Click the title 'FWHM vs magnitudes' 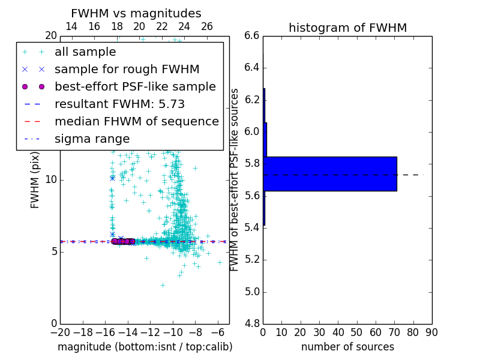coord(136,14)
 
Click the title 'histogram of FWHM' coord(347,28)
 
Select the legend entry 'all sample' coord(85,52)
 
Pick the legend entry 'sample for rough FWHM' coord(127,69)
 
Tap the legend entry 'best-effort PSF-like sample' coord(135,86)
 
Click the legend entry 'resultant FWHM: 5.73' coord(119,104)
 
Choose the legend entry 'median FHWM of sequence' coord(136,121)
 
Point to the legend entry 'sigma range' coord(92,139)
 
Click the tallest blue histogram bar coord(330,173)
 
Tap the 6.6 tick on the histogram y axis coord(252,35)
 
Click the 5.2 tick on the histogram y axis coord(252,260)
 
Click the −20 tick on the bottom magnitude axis coord(60,332)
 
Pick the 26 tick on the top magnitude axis coord(207,26)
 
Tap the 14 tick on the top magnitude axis coord(71,26)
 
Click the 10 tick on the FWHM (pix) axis coord(51,179)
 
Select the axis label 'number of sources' coord(347,347)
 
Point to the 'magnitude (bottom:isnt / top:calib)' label coord(145,347)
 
